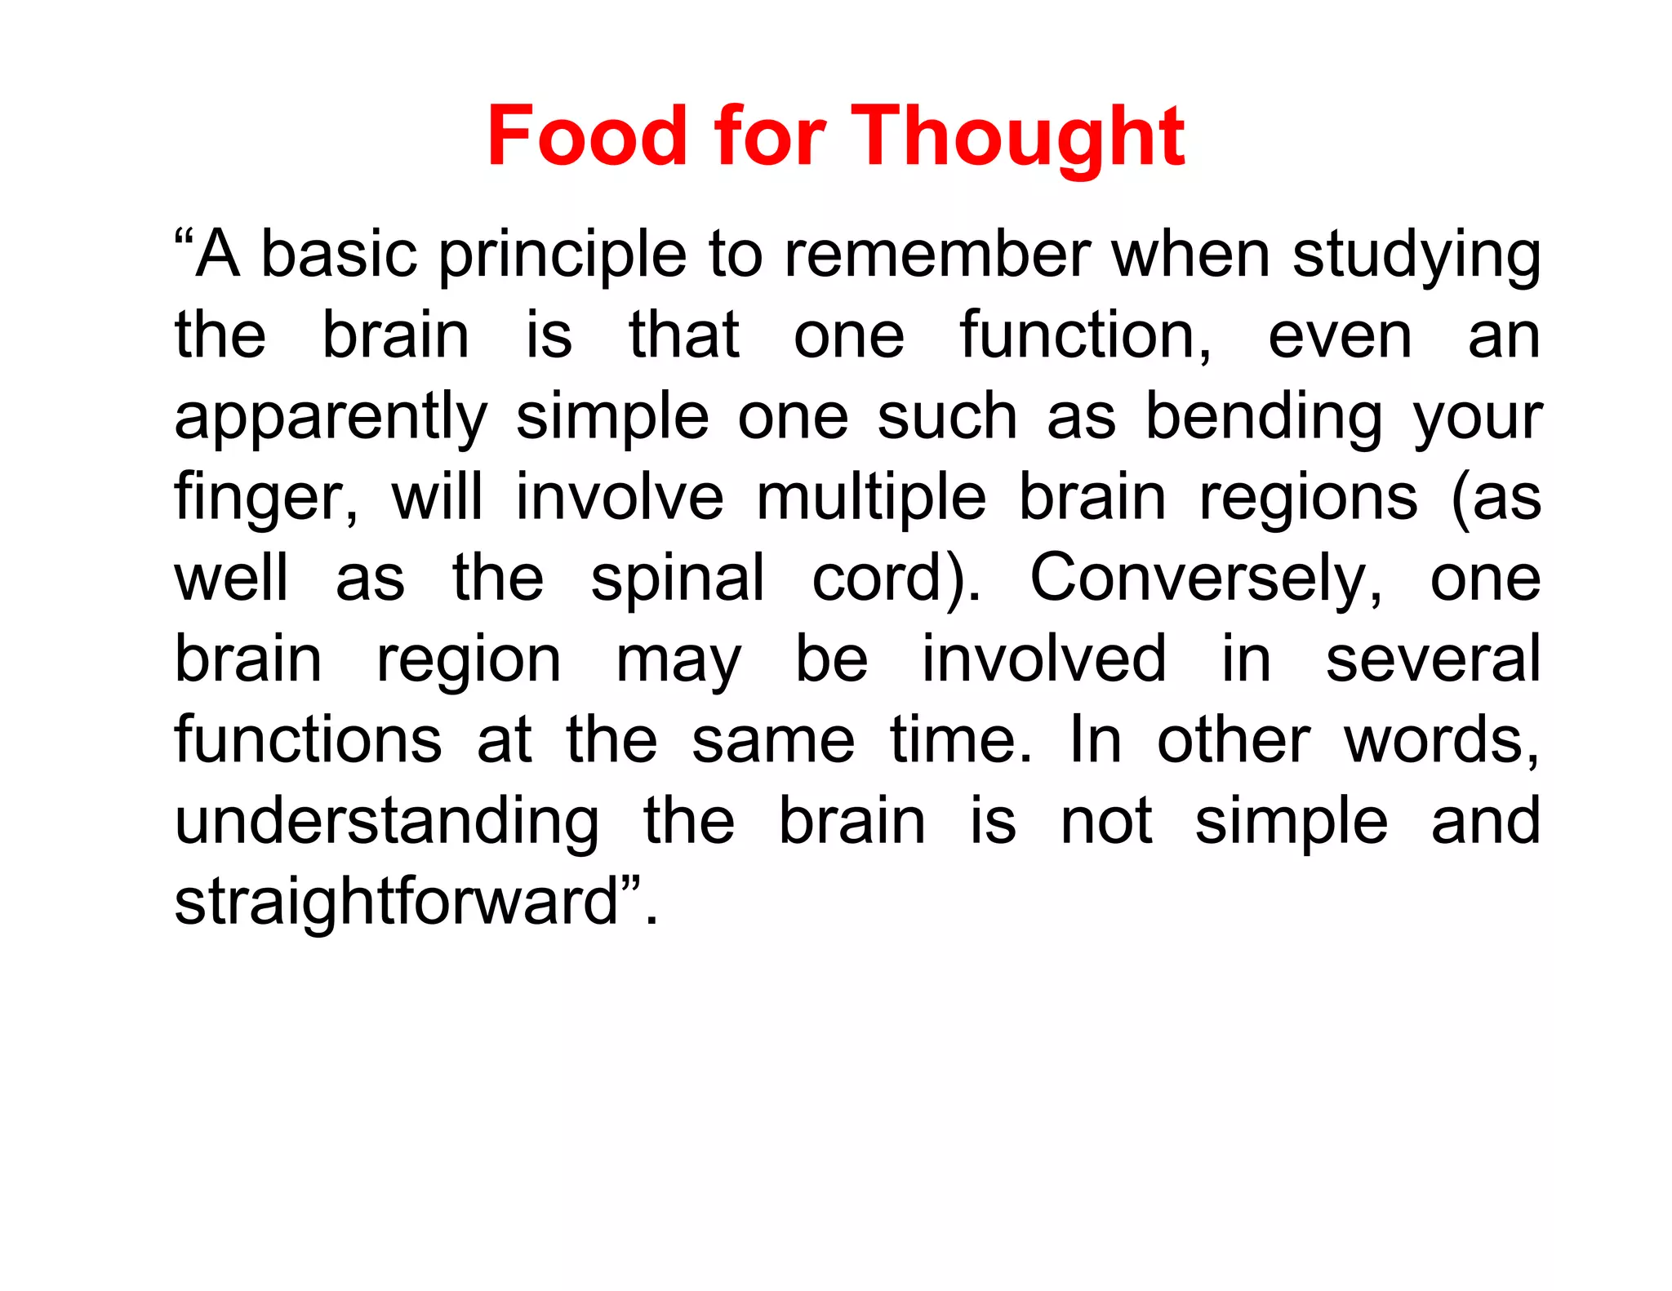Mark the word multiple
pos(871,498)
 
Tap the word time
pos(959,739)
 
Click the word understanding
pos(387,822)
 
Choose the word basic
pos(339,255)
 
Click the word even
pos(1339,335)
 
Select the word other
pos(1233,739)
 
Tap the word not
pos(1106,821)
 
